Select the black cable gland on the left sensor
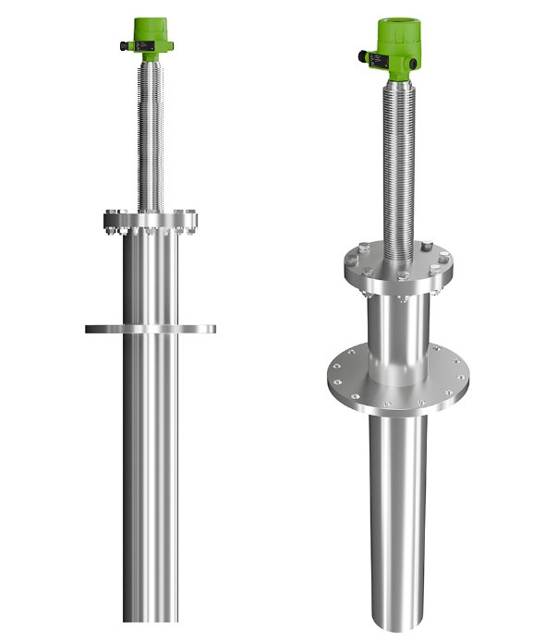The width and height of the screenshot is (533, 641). click(123, 44)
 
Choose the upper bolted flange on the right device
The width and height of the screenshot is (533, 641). click(398, 269)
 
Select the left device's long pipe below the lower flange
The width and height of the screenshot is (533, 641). click(150, 480)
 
